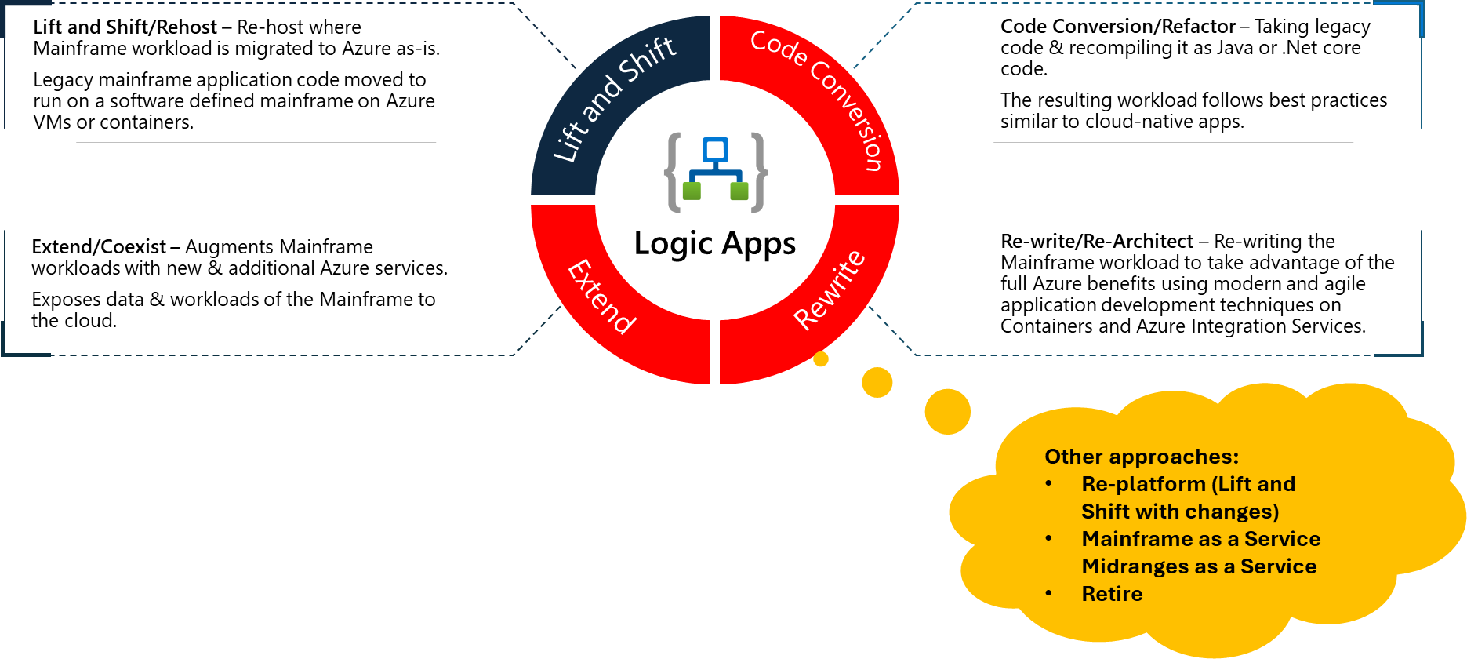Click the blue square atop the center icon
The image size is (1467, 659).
[715, 149]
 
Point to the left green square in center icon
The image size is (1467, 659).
[692, 191]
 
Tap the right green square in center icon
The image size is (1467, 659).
[739, 191]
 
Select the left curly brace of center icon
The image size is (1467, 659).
[673, 173]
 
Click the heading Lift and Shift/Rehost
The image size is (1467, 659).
[125, 27]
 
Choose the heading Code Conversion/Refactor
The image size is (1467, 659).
[1117, 27]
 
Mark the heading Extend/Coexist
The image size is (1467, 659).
[99, 247]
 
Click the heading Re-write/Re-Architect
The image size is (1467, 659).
[1096, 242]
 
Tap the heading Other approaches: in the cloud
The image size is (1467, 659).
[1141, 457]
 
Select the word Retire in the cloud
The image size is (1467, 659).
[1112, 594]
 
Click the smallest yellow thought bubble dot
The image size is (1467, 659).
[821, 359]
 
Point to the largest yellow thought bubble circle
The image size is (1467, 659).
[947, 411]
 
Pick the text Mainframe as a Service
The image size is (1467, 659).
[1200, 539]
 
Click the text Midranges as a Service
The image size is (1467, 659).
[1199, 566]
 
